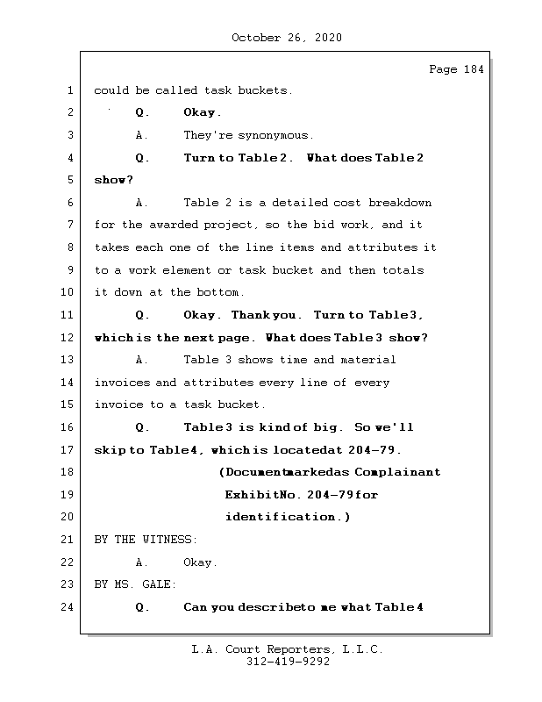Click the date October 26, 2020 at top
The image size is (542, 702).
[x=287, y=38]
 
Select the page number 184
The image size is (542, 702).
[x=474, y=70]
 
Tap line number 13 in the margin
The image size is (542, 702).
[x=69, y=360]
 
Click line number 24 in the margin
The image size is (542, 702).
[x=69, y=607]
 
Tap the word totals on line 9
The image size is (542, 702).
[x=403, y=270]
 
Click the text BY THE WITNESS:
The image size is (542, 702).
[x=146, y=540]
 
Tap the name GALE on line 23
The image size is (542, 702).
[x=161, y=584]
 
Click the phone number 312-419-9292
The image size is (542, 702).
[x=287, y=663]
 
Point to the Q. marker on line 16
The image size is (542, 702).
[x=143, y=427]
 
